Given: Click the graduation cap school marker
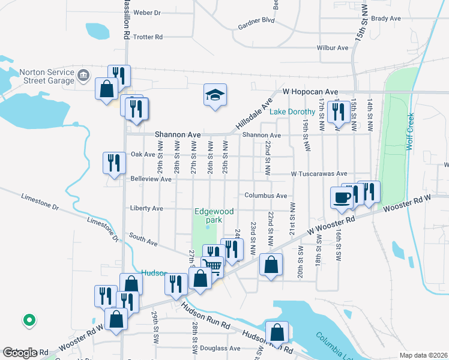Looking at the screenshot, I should pos(215,95).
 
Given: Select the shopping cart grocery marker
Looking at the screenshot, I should pos(213,266).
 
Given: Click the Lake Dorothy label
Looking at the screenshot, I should pos(292,112).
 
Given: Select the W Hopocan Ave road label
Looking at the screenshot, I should pos(311,92).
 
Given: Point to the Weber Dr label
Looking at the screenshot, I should pos(148,12).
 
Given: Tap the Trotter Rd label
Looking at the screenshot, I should pos(148,37).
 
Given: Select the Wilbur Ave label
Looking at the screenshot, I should pos(333,47).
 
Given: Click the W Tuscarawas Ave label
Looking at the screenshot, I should pos(319,173).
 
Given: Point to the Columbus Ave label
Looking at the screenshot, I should pos(265,196).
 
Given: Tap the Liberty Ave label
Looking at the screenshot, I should pos(146,208).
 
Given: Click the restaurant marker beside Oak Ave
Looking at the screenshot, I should pos(112,162).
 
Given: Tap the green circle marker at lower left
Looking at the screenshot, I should pos(28,320).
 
